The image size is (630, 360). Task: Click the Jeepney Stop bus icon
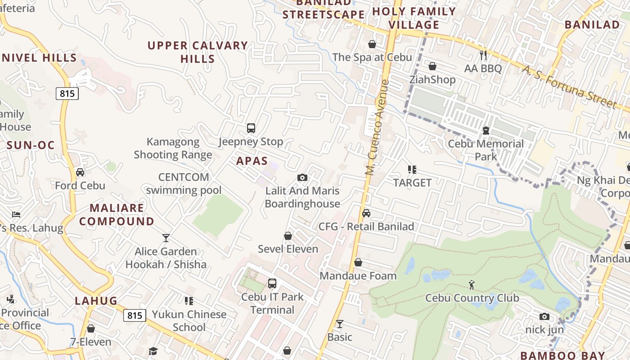point(251,128)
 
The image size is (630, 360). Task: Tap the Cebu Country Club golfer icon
point(472,284)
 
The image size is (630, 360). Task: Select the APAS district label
point(252,161)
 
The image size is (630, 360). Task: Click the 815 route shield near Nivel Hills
point(67,94)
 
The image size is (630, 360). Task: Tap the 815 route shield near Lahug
point(135,315)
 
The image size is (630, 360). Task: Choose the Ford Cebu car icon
point(80,172)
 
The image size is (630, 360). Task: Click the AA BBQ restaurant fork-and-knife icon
point(484,55)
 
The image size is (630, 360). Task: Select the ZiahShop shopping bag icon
point(432,67)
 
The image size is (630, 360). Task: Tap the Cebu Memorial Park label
point(486,150)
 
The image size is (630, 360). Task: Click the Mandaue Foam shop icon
point(358,262)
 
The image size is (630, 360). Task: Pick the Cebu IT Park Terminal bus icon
point(272,283)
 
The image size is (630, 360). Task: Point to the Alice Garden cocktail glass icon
point(166,238)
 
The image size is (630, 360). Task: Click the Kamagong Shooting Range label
point(173,148)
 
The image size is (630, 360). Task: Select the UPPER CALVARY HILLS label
point(198,52)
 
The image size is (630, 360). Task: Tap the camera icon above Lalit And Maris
point(302,178)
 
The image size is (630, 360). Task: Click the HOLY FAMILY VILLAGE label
point(414,18)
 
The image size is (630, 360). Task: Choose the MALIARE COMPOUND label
point(117,215)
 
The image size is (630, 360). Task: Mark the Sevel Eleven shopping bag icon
point(288,236)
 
